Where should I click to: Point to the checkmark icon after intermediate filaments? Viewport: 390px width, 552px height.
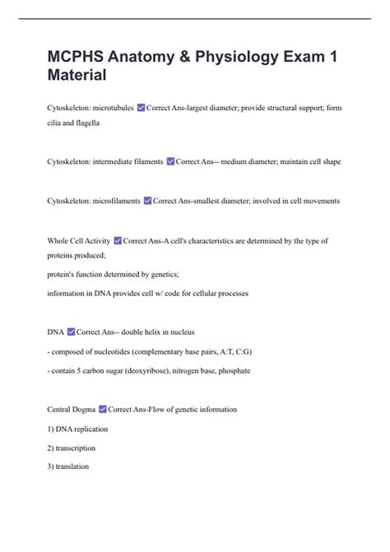tap(170, 161)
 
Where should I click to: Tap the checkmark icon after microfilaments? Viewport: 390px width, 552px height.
tap(147, 200)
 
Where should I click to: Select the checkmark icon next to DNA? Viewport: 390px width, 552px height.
tap(69, 332)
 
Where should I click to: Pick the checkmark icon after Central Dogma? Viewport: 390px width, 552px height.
tap(102, 409)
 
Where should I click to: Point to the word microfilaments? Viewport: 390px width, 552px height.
tap(115, 200)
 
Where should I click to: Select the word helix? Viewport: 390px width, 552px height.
tap(161, 332)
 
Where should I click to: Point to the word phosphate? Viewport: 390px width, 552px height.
tap(232, 371)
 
